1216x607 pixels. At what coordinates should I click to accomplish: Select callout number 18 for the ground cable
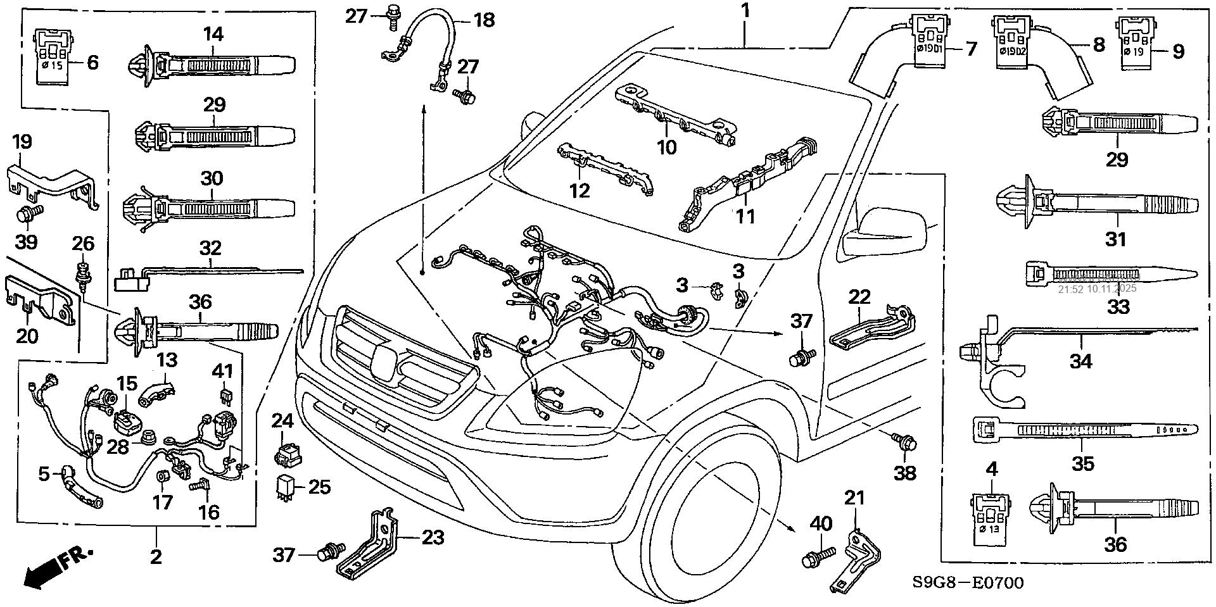click(x=484, y=20)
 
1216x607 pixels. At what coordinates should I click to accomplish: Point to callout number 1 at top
click(x=745, y=11)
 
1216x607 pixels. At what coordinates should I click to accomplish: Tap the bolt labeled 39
click(x=27, y=214)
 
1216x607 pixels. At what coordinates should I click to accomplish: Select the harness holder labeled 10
click(x=674, y=115)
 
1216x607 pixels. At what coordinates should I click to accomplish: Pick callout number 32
click(x=211, y=247)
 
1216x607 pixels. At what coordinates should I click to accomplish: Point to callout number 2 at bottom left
click(x=156, y=556)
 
